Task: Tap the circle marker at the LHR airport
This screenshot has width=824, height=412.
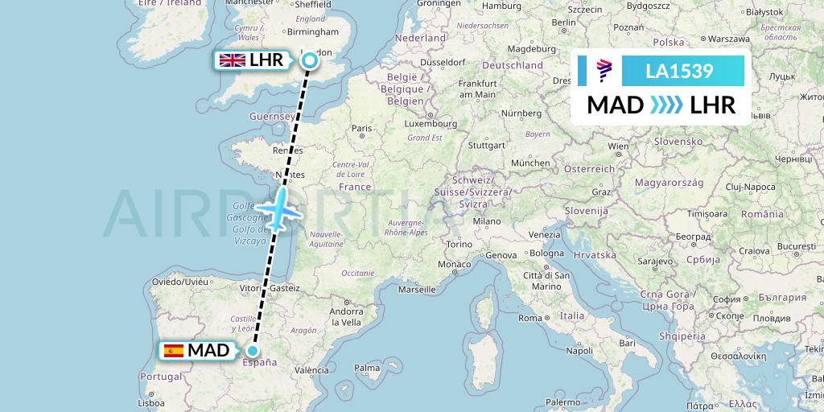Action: [x=310, y=60]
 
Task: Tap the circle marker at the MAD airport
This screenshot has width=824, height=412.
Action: [x=253, y=350]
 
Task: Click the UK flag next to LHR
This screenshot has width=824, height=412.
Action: [x=233, y=60]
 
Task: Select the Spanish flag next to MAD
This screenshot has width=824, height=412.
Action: [x=173, y=350]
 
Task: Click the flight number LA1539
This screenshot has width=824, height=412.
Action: [x=679, y=72]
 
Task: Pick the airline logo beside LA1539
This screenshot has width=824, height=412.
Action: [x=605, y=72]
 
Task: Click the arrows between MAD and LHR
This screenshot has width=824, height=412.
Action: [x=666, y=105]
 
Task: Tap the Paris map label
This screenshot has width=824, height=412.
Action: [x=361, y=128]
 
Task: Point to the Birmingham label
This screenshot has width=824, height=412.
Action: [x=317, y=32]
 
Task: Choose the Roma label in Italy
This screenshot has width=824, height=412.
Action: [x=530, y=318]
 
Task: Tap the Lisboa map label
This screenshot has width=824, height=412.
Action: [x=152, y=403]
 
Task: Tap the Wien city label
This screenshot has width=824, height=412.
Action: [x=618, y=146]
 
